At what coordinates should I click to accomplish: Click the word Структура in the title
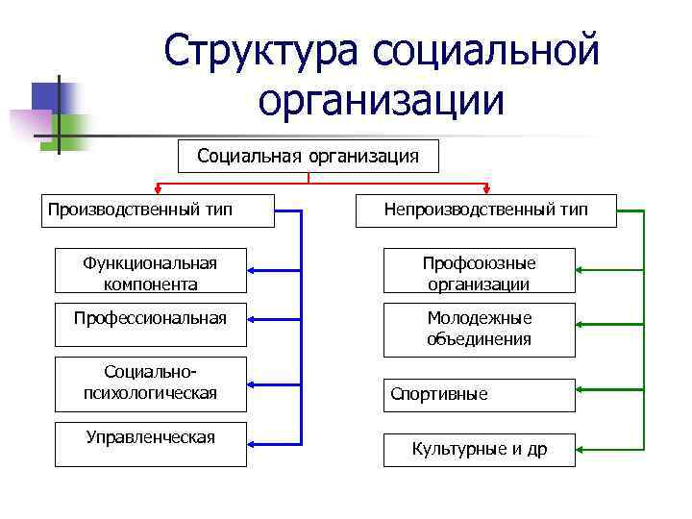point(260,49)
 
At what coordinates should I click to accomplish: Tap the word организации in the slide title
point(382,99)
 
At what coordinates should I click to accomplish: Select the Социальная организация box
point(308,156)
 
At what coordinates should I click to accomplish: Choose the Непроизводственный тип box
point(485,210)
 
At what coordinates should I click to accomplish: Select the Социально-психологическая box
point(151,383)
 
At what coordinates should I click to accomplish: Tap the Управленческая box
point(151,443)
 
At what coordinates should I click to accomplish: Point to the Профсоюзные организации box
point(479,273)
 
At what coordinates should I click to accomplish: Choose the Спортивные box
point(479,394)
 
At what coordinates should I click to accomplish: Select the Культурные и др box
point(479,450)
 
